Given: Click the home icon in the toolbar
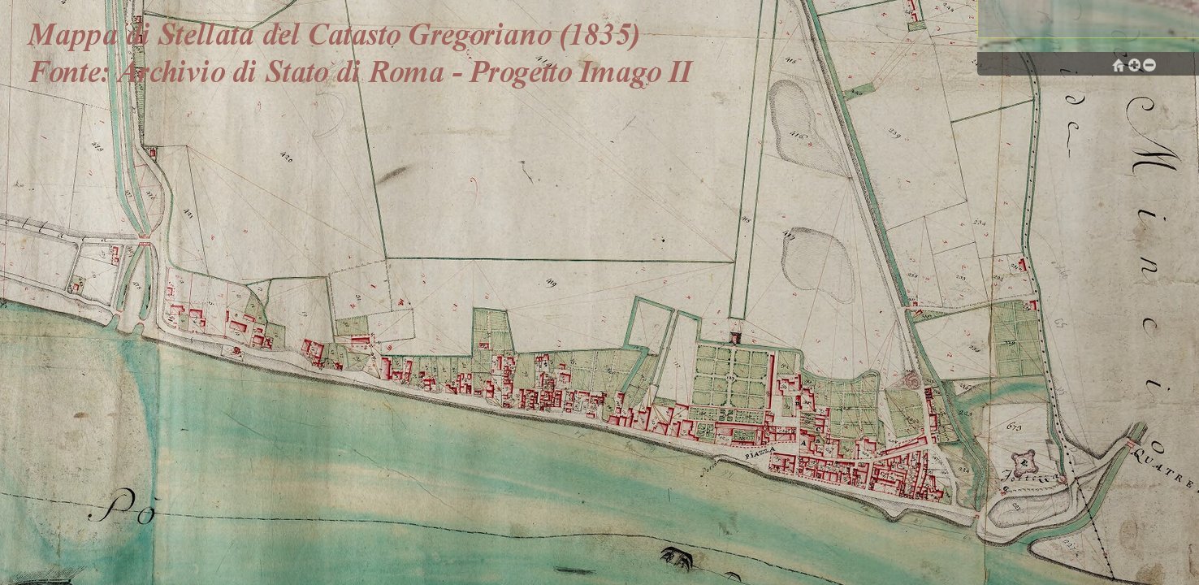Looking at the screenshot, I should point(1119,65).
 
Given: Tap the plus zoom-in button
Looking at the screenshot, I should point(1134,65).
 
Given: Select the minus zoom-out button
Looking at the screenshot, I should point(1149,65).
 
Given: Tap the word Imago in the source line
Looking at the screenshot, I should point(621,72).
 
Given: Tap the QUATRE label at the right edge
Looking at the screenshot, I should point(1175,470).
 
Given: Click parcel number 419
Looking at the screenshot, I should point(551,282).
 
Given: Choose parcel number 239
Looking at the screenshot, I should point(896,132).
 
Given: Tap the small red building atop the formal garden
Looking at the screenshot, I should point(736,336).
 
